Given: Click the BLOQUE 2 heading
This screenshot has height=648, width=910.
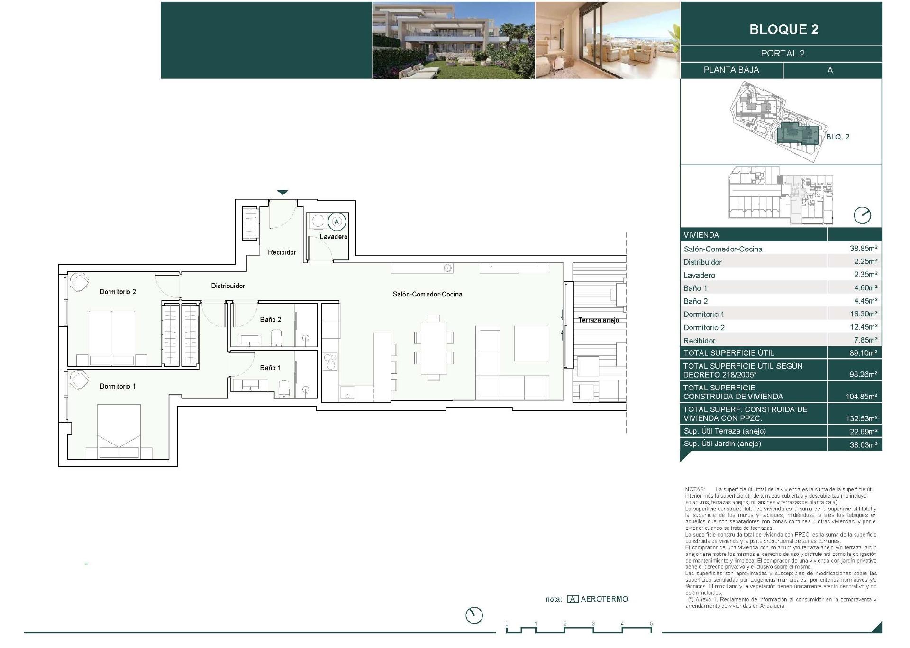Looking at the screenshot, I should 783,29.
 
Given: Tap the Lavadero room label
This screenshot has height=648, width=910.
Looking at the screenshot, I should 333,237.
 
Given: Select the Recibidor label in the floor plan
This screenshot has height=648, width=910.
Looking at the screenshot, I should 282,252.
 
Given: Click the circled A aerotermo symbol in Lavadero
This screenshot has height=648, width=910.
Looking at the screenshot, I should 337,222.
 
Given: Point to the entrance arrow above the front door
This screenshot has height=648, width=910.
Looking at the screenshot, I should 283,192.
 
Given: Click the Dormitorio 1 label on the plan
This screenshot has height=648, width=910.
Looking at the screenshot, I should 118,386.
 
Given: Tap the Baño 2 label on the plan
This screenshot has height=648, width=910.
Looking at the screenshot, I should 270,320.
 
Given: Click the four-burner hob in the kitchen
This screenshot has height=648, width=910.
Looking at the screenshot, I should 330,362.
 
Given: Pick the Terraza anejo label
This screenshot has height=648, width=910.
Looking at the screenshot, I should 598,320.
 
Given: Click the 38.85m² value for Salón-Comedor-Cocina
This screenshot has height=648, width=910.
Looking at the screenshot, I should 863,248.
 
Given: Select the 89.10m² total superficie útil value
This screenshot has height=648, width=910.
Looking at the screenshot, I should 863,353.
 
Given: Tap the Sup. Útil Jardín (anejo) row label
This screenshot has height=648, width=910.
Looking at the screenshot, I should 722,444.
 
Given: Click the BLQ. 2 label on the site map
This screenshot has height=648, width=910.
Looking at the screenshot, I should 837,137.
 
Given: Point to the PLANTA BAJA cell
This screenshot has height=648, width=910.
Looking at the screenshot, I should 731,70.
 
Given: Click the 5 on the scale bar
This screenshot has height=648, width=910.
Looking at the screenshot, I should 651,624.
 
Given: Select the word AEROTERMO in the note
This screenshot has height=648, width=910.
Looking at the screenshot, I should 604,599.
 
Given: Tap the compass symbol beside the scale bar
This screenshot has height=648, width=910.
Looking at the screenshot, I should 474,615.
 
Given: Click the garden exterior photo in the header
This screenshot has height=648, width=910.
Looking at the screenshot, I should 453,40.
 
